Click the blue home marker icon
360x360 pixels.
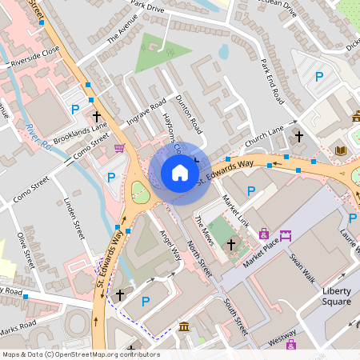tap(180, 172)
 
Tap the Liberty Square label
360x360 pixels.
tap(330, 295)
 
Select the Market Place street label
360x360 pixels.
tap(264, 250)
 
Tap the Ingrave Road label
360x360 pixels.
tap(146, 113)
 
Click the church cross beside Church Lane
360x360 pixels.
tap(299, 137)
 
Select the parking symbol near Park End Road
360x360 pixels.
tap(318, 77)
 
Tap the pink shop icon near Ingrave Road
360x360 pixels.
tap(120, 148)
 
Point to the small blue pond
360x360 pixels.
tap(223, 52)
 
